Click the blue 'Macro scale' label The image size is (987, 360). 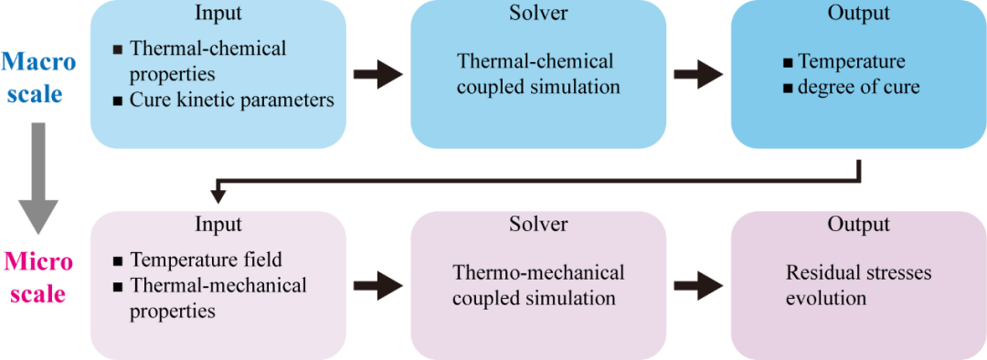38,78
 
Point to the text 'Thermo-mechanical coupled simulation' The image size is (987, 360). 538,285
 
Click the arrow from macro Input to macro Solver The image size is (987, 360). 377,74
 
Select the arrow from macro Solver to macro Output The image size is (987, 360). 697,74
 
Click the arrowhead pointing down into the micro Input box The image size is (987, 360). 218,195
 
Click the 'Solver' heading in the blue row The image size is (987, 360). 537,14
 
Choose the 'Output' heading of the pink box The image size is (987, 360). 856,225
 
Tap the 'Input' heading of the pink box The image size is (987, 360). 218,225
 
